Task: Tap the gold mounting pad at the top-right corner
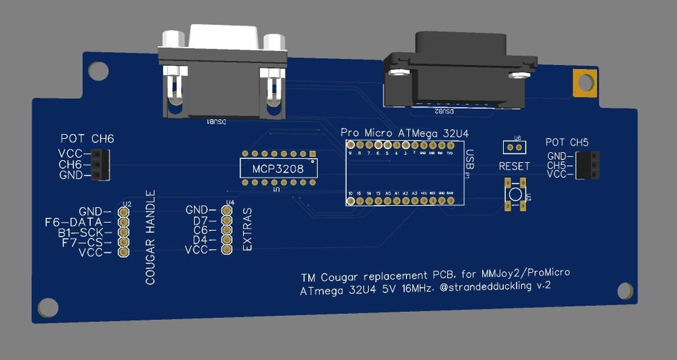click(584, 83)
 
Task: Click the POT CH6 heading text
click(87, 139)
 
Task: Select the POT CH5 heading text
click(567, 143)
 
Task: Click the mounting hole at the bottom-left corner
click(48, 308)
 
